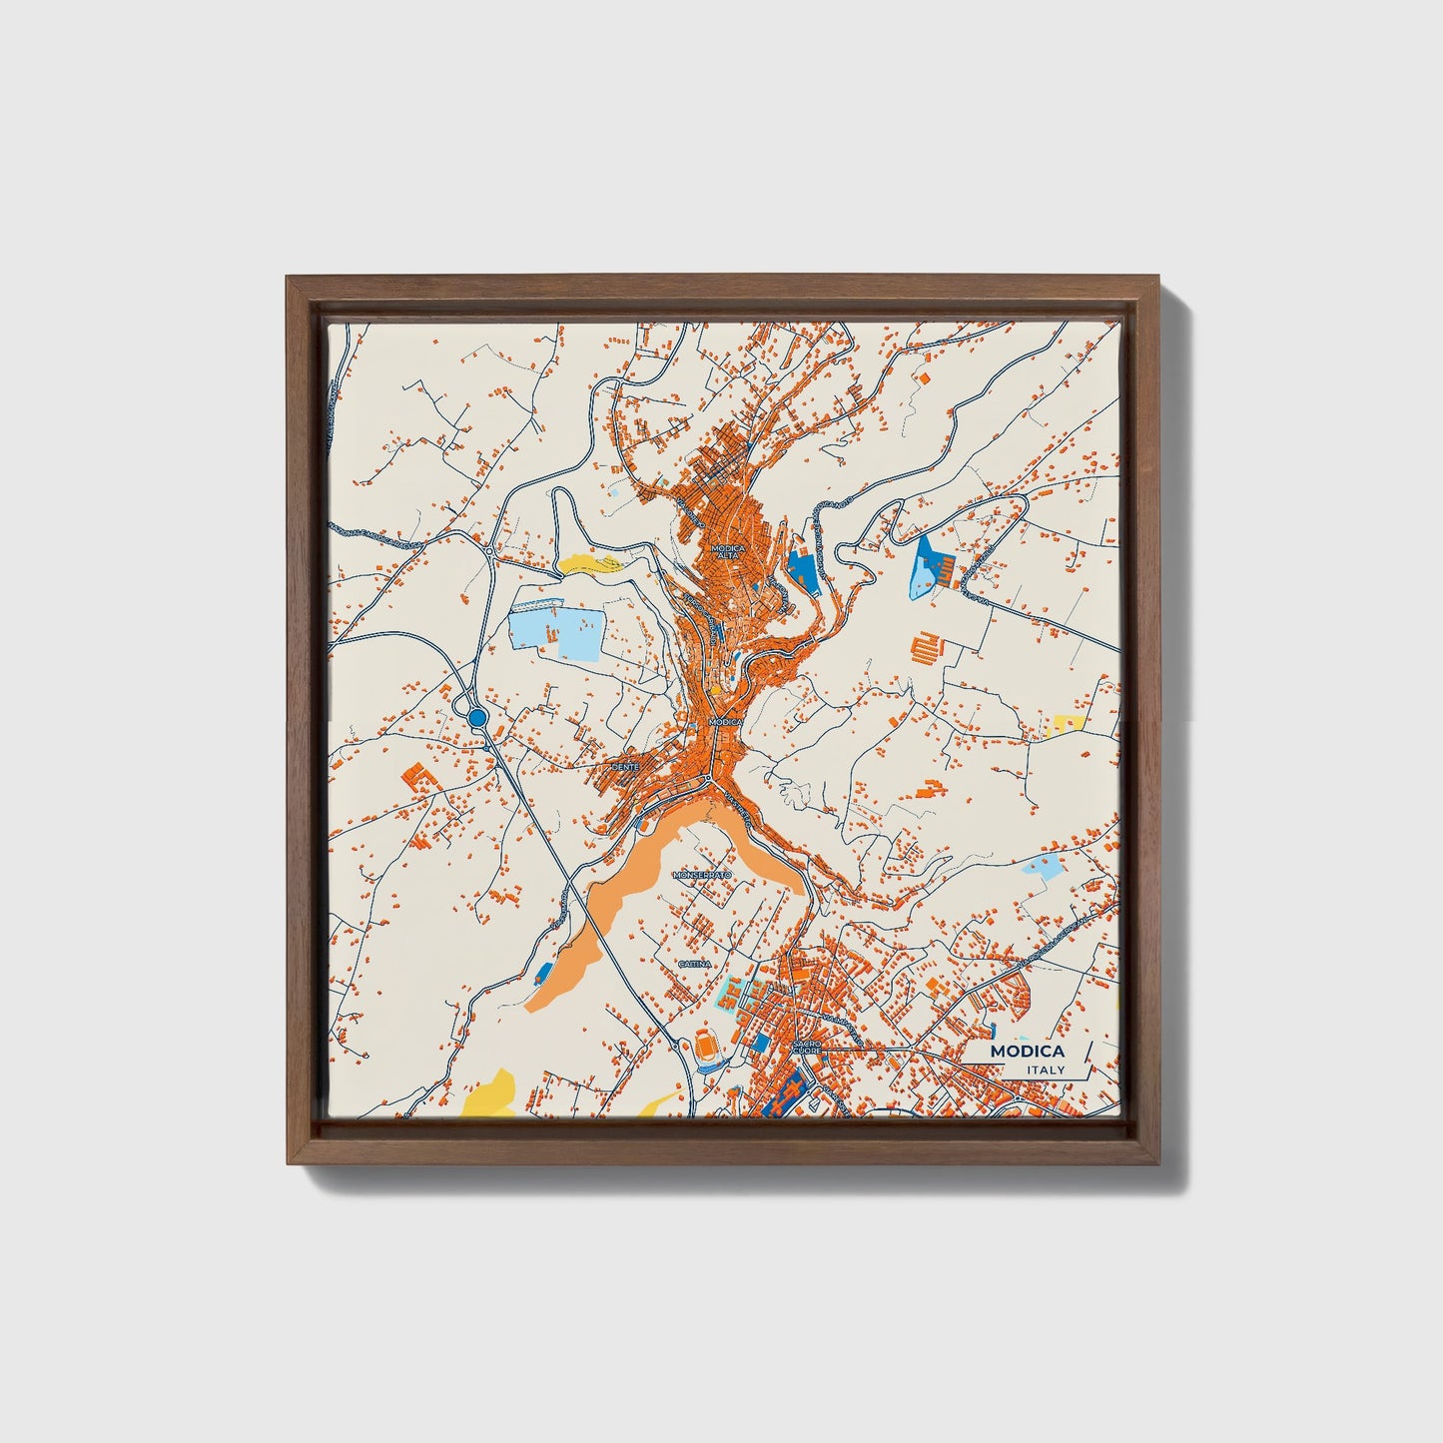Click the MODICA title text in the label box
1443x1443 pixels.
tap(1027, 1052)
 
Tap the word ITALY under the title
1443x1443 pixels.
tap(1045, 1071)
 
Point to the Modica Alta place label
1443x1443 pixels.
tap(728, 552)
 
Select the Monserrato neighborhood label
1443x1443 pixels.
tap(702, 875)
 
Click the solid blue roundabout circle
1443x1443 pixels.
tap(477, 717)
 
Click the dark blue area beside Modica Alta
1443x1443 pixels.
tap(802, 569)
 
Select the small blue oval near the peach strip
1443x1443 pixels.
tap(544, 972)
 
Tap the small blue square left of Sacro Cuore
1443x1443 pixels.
tap(761, 1044)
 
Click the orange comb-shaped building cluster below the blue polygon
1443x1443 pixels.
tap(927, 648)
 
